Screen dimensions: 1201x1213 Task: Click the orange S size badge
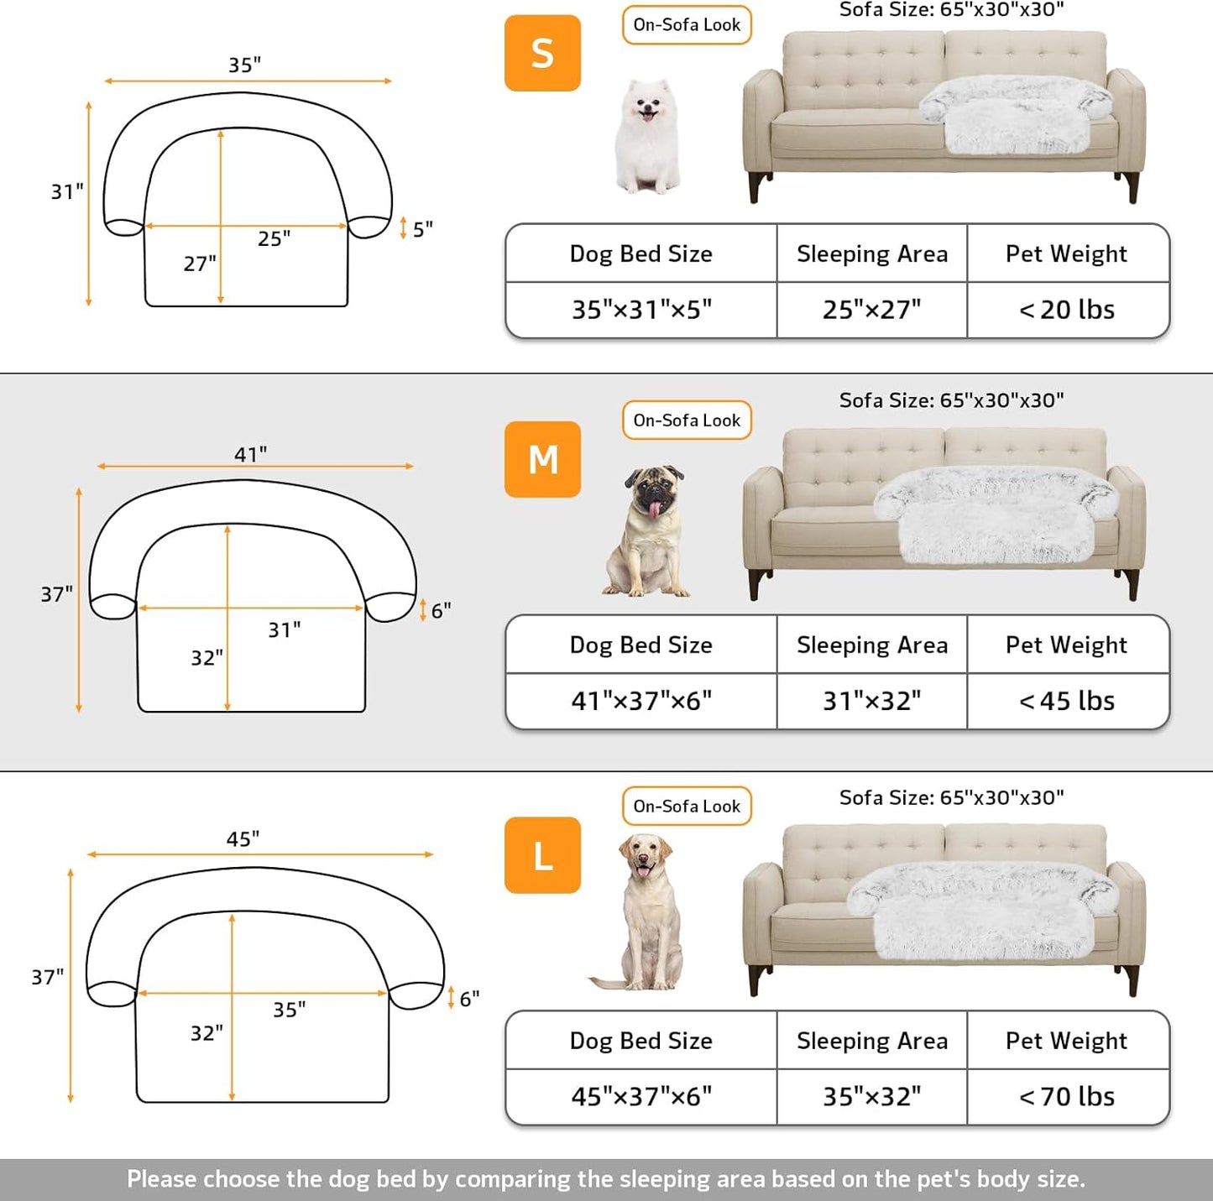[542, 53]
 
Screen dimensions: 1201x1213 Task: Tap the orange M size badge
[542, 459]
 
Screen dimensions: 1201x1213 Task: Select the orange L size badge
[542, 855]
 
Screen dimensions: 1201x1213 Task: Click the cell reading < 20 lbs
[1067, 310]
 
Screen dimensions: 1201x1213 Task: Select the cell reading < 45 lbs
[1067, 701]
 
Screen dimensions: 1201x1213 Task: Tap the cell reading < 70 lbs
[1067, 1096]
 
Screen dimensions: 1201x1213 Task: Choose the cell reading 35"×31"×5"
[641, 310]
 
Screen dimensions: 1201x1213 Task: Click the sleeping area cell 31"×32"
[871, 701]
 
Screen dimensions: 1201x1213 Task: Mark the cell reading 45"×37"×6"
[641, 1096]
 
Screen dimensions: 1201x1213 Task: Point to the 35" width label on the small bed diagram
[245, 65]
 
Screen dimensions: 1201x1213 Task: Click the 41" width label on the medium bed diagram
[250, 454]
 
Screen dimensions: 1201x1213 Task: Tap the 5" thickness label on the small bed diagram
[422, 228]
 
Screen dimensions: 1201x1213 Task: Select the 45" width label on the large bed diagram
[243, 838]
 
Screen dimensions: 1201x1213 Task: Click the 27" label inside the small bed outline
[200, 264]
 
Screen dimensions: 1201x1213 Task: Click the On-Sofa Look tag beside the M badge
[687, 420]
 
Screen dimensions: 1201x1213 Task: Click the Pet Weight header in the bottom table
[1067, 1041]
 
